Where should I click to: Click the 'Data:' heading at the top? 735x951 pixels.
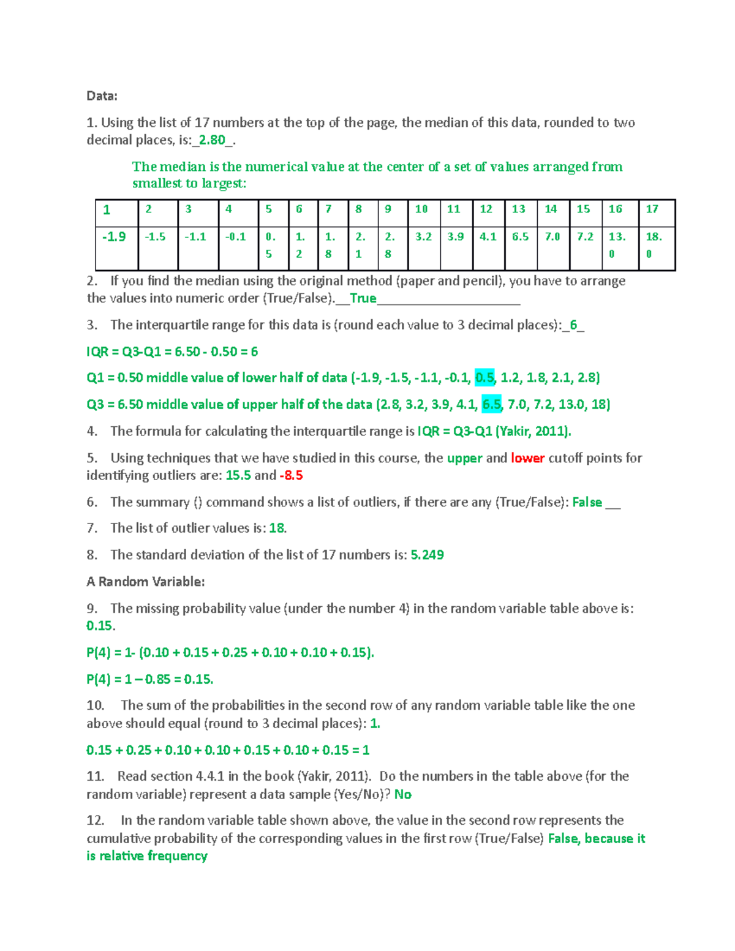[x=102, y=96]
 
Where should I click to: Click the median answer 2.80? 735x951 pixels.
[x=212, y=140]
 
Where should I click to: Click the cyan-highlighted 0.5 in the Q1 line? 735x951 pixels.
[x=484, y=378]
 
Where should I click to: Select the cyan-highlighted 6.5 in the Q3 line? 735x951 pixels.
[x=491, y=404]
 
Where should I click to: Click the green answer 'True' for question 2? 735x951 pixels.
[x=363, y=298]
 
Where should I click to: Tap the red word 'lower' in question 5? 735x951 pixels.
[x=527, y=458]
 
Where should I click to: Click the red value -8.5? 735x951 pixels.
[x=291, y=475]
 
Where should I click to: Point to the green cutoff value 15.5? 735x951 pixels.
[x=238, y=475]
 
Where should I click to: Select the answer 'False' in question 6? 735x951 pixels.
[x=587, y=502]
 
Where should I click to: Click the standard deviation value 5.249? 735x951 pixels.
[x=427, y=555]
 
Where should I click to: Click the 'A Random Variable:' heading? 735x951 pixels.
[x=146, y=582]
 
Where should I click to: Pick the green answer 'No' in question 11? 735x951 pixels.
[x=402, y=794]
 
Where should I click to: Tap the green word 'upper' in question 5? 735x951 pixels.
[x=464, y=458]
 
